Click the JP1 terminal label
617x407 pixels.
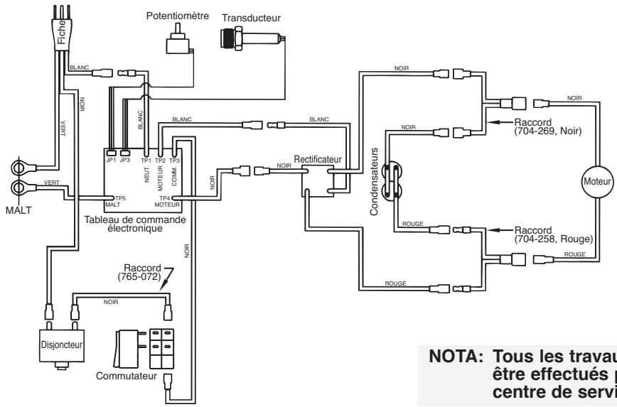[x=111, y=161]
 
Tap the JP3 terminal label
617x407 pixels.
[x=125, y=161]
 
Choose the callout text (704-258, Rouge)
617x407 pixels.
[x=549, y=239]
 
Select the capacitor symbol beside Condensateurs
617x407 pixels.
[x=390, y=181]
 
